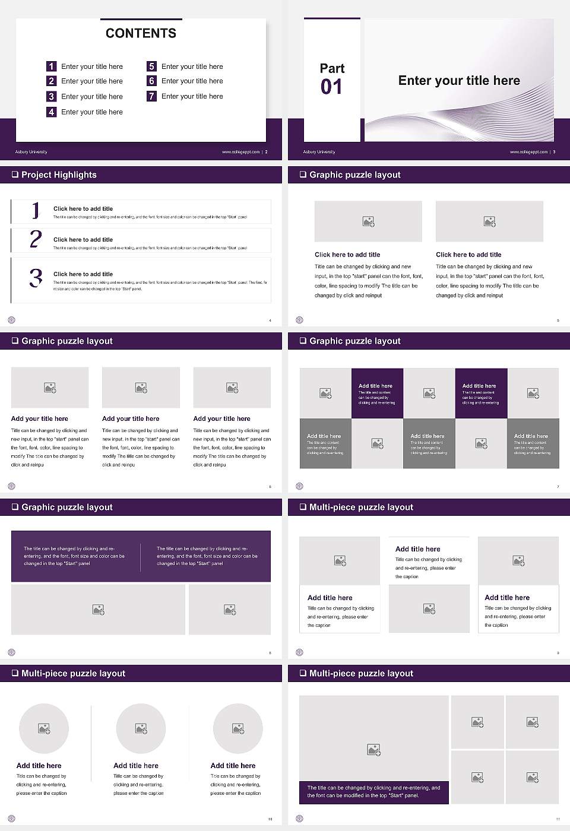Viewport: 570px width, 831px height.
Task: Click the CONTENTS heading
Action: [141, 33]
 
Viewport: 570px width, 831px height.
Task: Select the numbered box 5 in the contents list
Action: [151, 66]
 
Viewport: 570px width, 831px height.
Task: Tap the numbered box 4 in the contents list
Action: [51, 112]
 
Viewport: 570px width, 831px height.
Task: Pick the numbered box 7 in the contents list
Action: [151, 96]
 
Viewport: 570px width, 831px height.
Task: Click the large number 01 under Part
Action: [331, 87]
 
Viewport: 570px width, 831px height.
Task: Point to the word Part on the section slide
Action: [332, 68]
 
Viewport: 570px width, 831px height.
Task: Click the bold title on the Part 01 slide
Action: [459, 81]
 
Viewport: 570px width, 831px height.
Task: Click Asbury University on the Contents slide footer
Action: [31, 152]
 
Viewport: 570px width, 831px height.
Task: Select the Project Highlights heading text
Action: [59, 175]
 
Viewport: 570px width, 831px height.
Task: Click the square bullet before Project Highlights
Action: [15, 175]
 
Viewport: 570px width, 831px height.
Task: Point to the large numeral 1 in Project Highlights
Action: [36, 211]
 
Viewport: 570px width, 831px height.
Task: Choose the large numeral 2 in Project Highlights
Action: [36, 239]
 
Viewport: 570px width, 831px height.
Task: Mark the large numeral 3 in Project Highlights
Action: [36, 278]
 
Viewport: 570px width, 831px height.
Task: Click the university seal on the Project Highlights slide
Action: [11, 320]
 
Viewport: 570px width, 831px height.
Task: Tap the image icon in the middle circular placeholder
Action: [141, 728]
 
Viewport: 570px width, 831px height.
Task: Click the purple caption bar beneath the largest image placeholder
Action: [373, 792]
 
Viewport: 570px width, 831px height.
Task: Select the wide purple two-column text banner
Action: [141, 556]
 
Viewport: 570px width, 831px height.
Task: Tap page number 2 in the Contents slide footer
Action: [266, 152]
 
